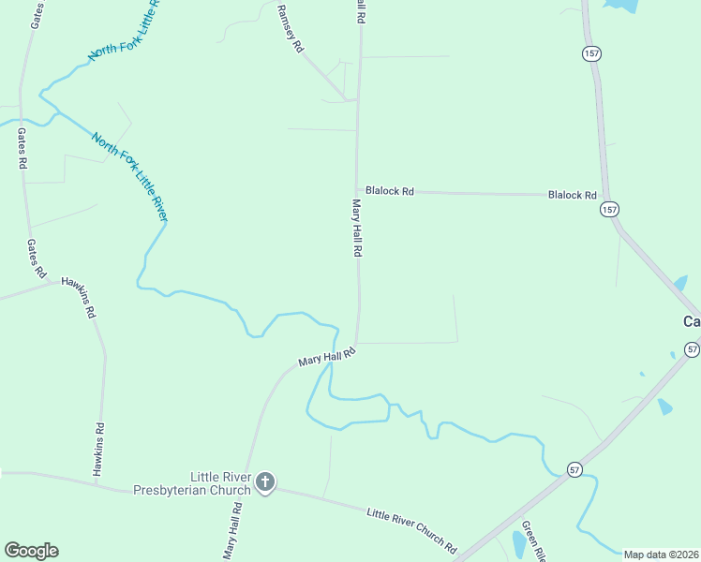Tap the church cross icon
(265, 482)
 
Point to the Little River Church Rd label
(411, 528)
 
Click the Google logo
(31, 551)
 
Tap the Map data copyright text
(661, 555)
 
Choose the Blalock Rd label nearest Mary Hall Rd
(390, 191)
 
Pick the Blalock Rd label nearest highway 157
(572, 195)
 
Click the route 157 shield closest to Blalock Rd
(610, 210)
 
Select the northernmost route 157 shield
(590, 53)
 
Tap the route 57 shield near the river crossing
(574, 468)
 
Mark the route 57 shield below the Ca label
(692, 349)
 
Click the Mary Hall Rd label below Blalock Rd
(357, 228)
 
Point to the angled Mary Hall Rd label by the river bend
(327, 357)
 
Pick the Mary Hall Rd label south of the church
(231, 531)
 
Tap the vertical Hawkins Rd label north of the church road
(99, 450)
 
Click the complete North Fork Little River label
(129, 177)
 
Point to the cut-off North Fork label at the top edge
(125, 31)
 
